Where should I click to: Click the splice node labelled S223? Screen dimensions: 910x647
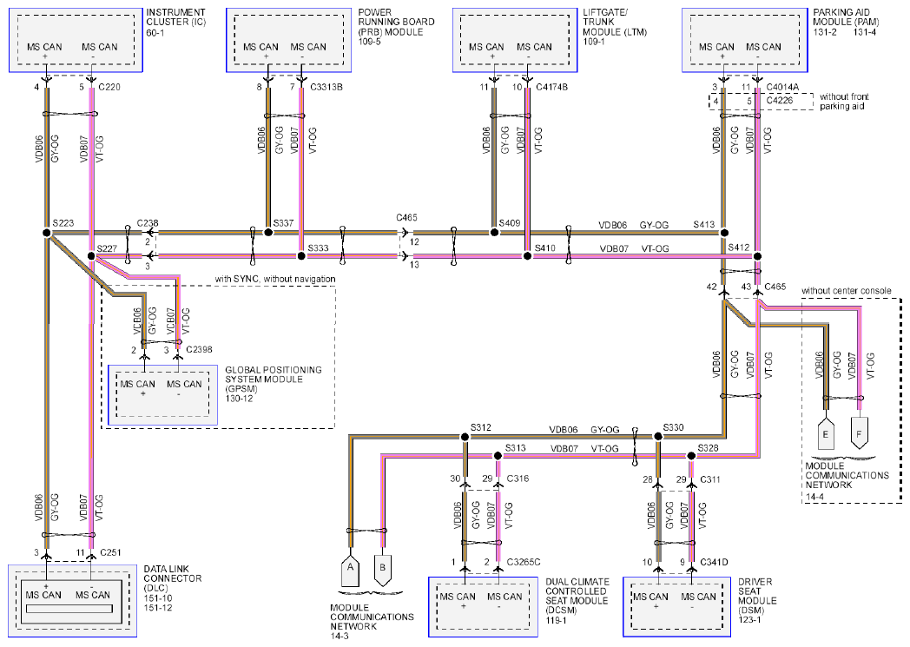pyautogui.click(x=47, y=233)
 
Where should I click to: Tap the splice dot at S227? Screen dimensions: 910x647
pyautogui.click(x=91, y=256)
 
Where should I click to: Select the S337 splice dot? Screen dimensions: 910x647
pyautogui.click(x=268, y=232)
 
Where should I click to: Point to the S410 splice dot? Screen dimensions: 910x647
pyautogui.click(x=527, y=256)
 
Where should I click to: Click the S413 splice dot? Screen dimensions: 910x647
pyautogui.click(x=723, y=233)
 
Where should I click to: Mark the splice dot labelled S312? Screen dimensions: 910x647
pyautogui.click(x=465, y=436)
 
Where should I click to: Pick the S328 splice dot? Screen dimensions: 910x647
pyautogui.click(x=691, y=456)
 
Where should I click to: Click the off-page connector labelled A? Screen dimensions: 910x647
pyautogui.click(x=350, y=571)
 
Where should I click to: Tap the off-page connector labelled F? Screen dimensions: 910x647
pyautogui.click(x=859, y=432)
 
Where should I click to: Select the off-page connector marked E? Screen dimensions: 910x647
pyautogui.click(x=825, y=433)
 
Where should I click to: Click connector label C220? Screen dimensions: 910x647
pyautogui.click(x=109, y=87)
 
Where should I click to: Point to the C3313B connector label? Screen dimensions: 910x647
pyautogui.click(x=326, y=87)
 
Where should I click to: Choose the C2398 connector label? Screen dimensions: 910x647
pyautogui.click(x=199, y=349)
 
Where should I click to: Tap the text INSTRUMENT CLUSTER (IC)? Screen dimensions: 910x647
pyautogui.click(x=176, y=17)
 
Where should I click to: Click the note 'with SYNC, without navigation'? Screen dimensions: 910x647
pyautogui.click(x=275, y=279)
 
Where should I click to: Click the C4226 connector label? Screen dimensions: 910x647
pyautogui.click(x=780, y=101)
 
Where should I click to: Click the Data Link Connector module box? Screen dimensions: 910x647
pyautogui.click(x=73, y=601)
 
